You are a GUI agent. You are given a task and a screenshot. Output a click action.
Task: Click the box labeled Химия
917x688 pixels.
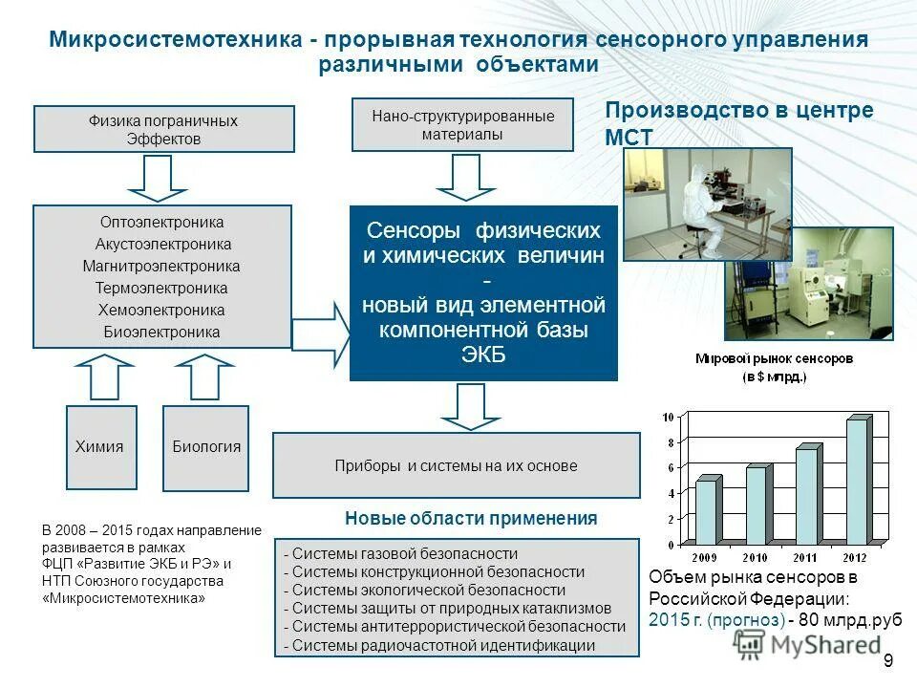click(100, 446)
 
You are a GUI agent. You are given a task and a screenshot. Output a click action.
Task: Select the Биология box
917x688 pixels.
click(205, 446)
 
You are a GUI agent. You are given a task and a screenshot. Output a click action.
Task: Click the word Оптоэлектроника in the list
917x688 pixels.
click(161, 222)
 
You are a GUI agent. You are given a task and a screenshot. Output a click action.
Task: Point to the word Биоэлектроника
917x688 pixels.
click(161, 333)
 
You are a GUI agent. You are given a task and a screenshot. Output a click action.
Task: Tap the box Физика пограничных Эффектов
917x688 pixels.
click(164, 129)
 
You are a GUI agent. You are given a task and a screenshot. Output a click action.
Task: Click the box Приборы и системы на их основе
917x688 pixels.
click(456, 465)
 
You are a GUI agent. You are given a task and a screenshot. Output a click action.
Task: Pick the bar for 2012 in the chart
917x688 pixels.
click(857, 481)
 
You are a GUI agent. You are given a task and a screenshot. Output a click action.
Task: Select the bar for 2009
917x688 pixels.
click(707, 510)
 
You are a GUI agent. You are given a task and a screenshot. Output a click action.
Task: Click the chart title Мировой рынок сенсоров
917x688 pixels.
click(774, 358)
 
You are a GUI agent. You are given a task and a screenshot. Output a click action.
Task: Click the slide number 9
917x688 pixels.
click(887, 661)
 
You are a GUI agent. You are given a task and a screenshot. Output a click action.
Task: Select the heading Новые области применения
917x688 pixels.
click(470, 518)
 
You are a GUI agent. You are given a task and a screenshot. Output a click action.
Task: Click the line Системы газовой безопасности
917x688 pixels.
click(405, 553)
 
